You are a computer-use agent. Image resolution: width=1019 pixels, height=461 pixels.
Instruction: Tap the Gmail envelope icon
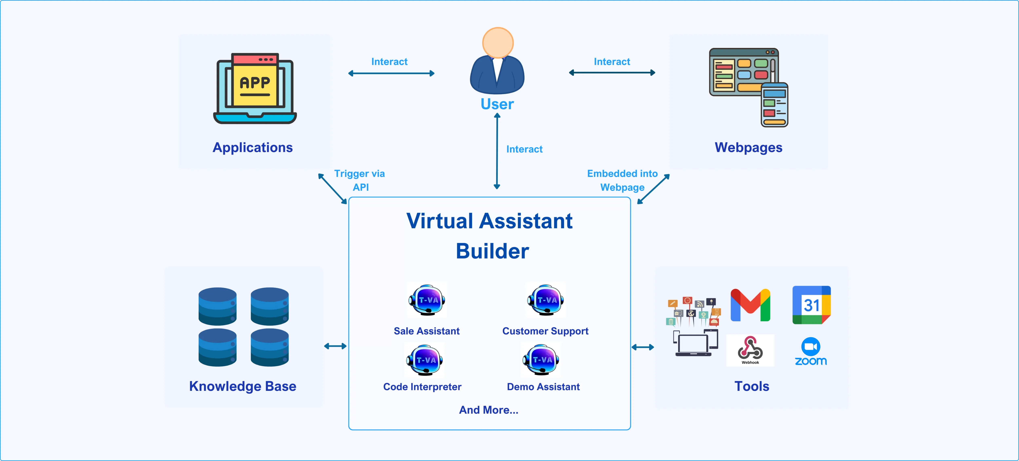[x=750, y=305]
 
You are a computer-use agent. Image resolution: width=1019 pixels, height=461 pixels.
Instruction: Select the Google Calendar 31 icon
[x=811, y=305]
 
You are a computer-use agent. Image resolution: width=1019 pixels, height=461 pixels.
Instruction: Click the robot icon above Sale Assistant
[x=427, y=300]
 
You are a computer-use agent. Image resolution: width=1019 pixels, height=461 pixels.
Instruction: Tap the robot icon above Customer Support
[x=545, y=300]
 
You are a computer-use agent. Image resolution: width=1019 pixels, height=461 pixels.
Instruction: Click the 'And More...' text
[x=488, y=410]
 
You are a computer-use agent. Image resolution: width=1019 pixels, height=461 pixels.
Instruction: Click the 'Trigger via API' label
[x=359, y=180]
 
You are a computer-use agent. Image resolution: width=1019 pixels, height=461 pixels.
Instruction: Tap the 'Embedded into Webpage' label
[x=622, y=180]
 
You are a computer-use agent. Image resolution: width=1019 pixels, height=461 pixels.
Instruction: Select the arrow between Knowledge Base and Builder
[x=335, y=346]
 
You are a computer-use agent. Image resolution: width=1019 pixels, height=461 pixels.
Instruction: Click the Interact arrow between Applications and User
[x=391, y=73]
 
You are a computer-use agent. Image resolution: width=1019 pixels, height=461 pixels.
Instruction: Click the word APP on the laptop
[x=255, y=83]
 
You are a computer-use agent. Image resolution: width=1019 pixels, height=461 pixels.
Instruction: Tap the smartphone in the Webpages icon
[x=774, y=105]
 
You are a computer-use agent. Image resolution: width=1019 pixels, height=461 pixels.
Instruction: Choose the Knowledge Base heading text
[x=242, y=386]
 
